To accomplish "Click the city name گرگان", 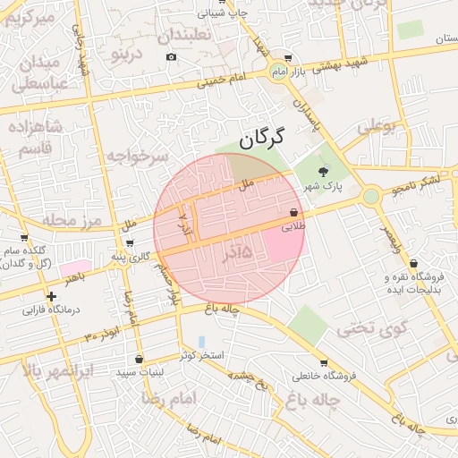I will click(x=261, y=138).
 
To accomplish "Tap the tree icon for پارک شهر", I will click(x=323, y=171).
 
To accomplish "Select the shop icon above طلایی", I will click(x=293, y=213).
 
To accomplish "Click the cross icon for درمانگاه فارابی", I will click(x=51, y=296).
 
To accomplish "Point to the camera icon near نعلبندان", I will click(x=172, y=57).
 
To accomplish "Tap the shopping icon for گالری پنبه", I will click(x=131, y=243).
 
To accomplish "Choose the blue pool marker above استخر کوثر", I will click(x=201, y=342).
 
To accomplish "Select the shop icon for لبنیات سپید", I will click(x=139, y=359).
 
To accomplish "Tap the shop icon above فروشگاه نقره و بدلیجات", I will click(x=413, y=264).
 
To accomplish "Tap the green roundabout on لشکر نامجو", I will click(x=371, y=196).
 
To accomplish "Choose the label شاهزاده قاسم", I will click(x=37, y=140).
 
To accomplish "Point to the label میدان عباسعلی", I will click(x=38, y=72).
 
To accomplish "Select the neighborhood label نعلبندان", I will click(x=185, y=37).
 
